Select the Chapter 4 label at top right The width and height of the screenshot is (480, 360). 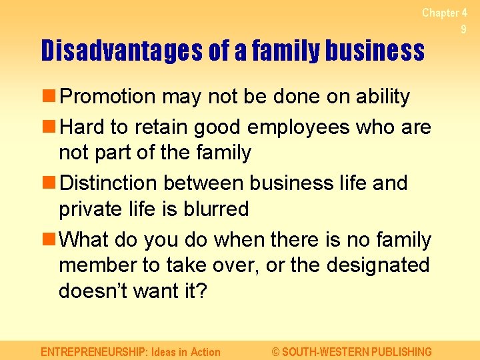444,13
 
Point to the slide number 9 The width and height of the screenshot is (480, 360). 463,29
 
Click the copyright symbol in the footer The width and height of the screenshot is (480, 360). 276,351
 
